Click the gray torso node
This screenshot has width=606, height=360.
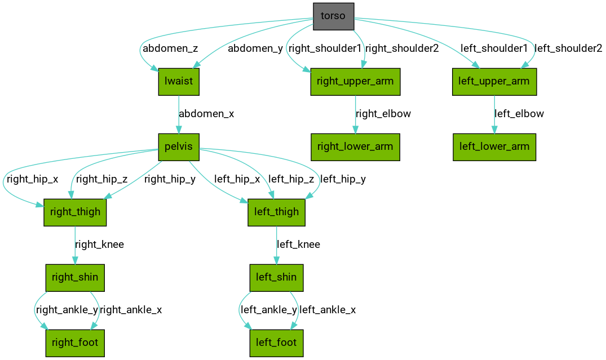[333, 16]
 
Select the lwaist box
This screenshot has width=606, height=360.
[178, 81]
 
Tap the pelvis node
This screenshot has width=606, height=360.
[178, 147]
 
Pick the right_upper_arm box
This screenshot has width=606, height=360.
[355, 81]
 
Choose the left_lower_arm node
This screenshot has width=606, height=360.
[494, 147]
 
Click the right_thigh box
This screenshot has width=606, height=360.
[75, 212]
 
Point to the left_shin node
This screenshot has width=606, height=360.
[276, 278]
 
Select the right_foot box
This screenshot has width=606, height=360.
[75, 342]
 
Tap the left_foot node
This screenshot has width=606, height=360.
[276, 342]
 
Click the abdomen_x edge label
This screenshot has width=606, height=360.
[206, 114]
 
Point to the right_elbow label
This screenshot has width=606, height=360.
[383, 114]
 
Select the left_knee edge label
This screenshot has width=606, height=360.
[298, 245]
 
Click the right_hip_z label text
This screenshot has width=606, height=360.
[101, 180]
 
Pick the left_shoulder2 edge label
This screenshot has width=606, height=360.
[568, 48]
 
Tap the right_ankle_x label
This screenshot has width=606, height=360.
[131, 310]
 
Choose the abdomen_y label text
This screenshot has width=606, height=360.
[255, 48]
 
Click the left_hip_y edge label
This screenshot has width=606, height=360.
[343, 180]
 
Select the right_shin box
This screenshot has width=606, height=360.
[75, 278]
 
